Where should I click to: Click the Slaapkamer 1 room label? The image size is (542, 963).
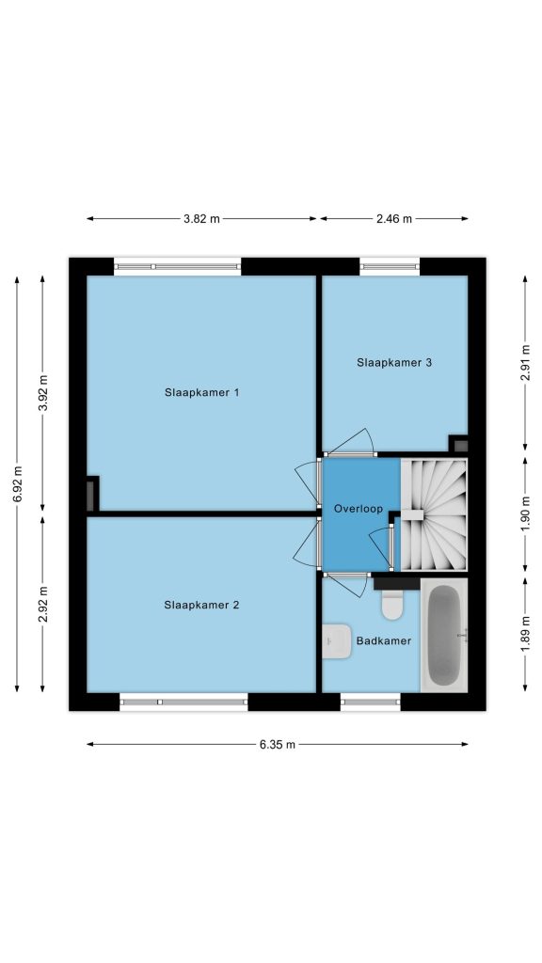point(201,392)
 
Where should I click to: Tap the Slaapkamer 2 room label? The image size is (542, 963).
point(201,605)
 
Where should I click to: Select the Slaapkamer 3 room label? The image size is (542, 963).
point(394,362)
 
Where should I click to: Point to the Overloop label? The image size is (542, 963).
point(359,509)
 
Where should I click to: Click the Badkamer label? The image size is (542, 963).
point(384,641)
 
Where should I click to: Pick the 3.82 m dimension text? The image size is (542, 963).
point(201,218)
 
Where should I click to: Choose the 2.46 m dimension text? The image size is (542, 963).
point(394,218)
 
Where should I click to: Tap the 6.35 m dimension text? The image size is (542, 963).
point(278,745)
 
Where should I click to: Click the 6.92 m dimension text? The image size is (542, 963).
point(17,484)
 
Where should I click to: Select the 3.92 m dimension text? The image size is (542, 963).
point(43,393)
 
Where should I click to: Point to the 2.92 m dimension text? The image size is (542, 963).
point(43,605)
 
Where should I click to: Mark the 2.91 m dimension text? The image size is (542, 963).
point(525,362)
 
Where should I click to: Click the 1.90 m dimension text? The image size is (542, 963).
point(525,513)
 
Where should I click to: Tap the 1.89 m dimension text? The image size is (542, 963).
point(525,635)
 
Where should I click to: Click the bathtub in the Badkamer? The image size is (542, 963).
point(444,636)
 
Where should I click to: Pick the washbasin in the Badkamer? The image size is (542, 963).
point(337,641)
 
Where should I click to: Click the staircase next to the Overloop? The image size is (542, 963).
point(434,514)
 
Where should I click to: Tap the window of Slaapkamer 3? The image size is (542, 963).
point(390,266)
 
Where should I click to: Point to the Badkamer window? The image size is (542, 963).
point(371,702)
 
